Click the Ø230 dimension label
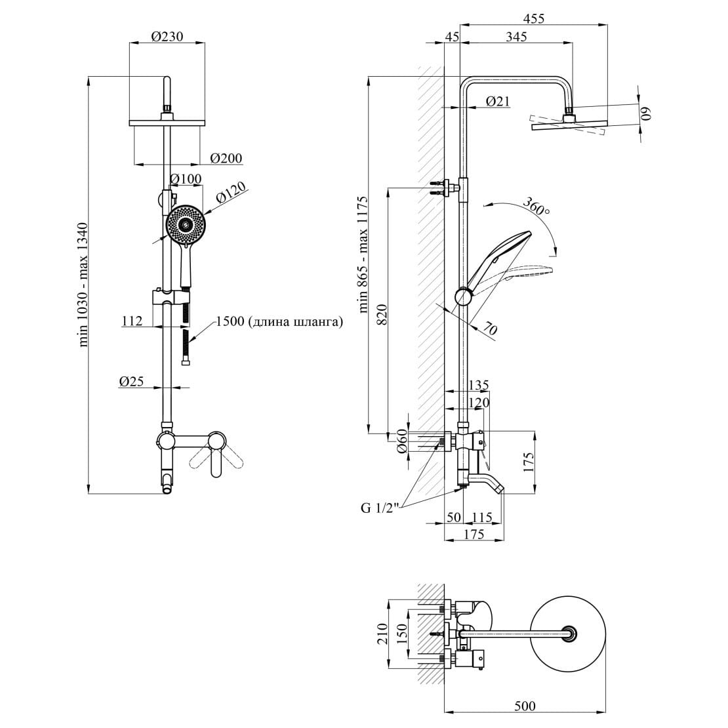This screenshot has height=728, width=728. point(167,36)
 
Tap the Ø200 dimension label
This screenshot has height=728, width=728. point(226,158)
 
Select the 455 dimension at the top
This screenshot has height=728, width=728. point(533,18)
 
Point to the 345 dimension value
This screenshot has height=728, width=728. point(516,36)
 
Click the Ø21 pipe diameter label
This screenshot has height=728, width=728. point(498,101)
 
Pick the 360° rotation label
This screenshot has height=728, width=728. point(536,207)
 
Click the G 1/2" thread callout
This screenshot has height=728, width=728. point(380,508)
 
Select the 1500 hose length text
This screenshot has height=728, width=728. point(279,321)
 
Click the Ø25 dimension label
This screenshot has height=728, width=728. point(131,381)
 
